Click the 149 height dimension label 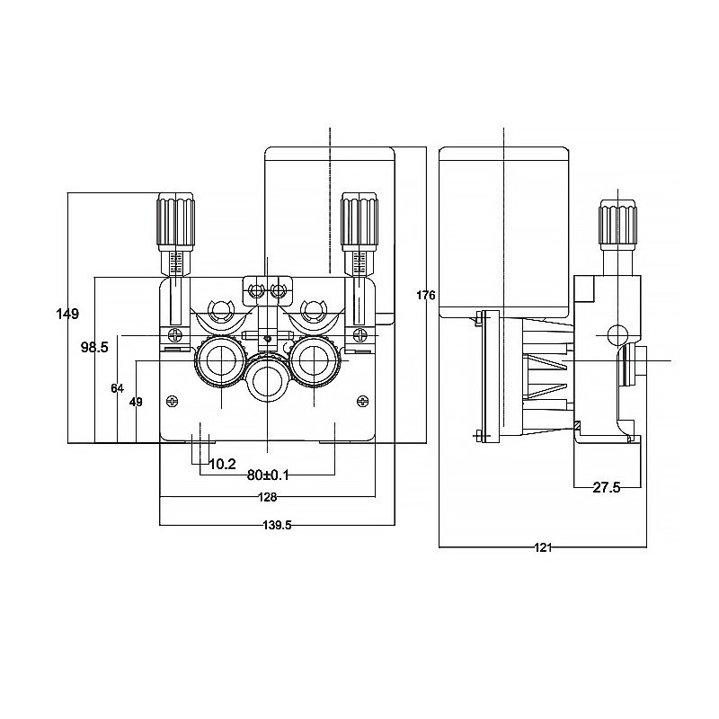[x=67, y=314]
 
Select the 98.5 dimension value [x=94, y=346]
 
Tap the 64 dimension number [x=117, y=387]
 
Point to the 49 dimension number [x=136, y=402]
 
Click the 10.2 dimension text [x=222, y=465]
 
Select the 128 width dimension [x=267, y=497]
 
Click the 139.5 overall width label [x=275, y=526]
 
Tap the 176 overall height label [x=426, y=295]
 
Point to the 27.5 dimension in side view [x=608, y=487]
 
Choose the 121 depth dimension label [x=542, y=546]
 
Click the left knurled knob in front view [x=176, y=219]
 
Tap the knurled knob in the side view [x=618, y=226]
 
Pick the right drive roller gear [x=314, y=362]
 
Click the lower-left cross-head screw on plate [x=173, y=401]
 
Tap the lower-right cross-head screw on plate [x=362, y=401]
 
